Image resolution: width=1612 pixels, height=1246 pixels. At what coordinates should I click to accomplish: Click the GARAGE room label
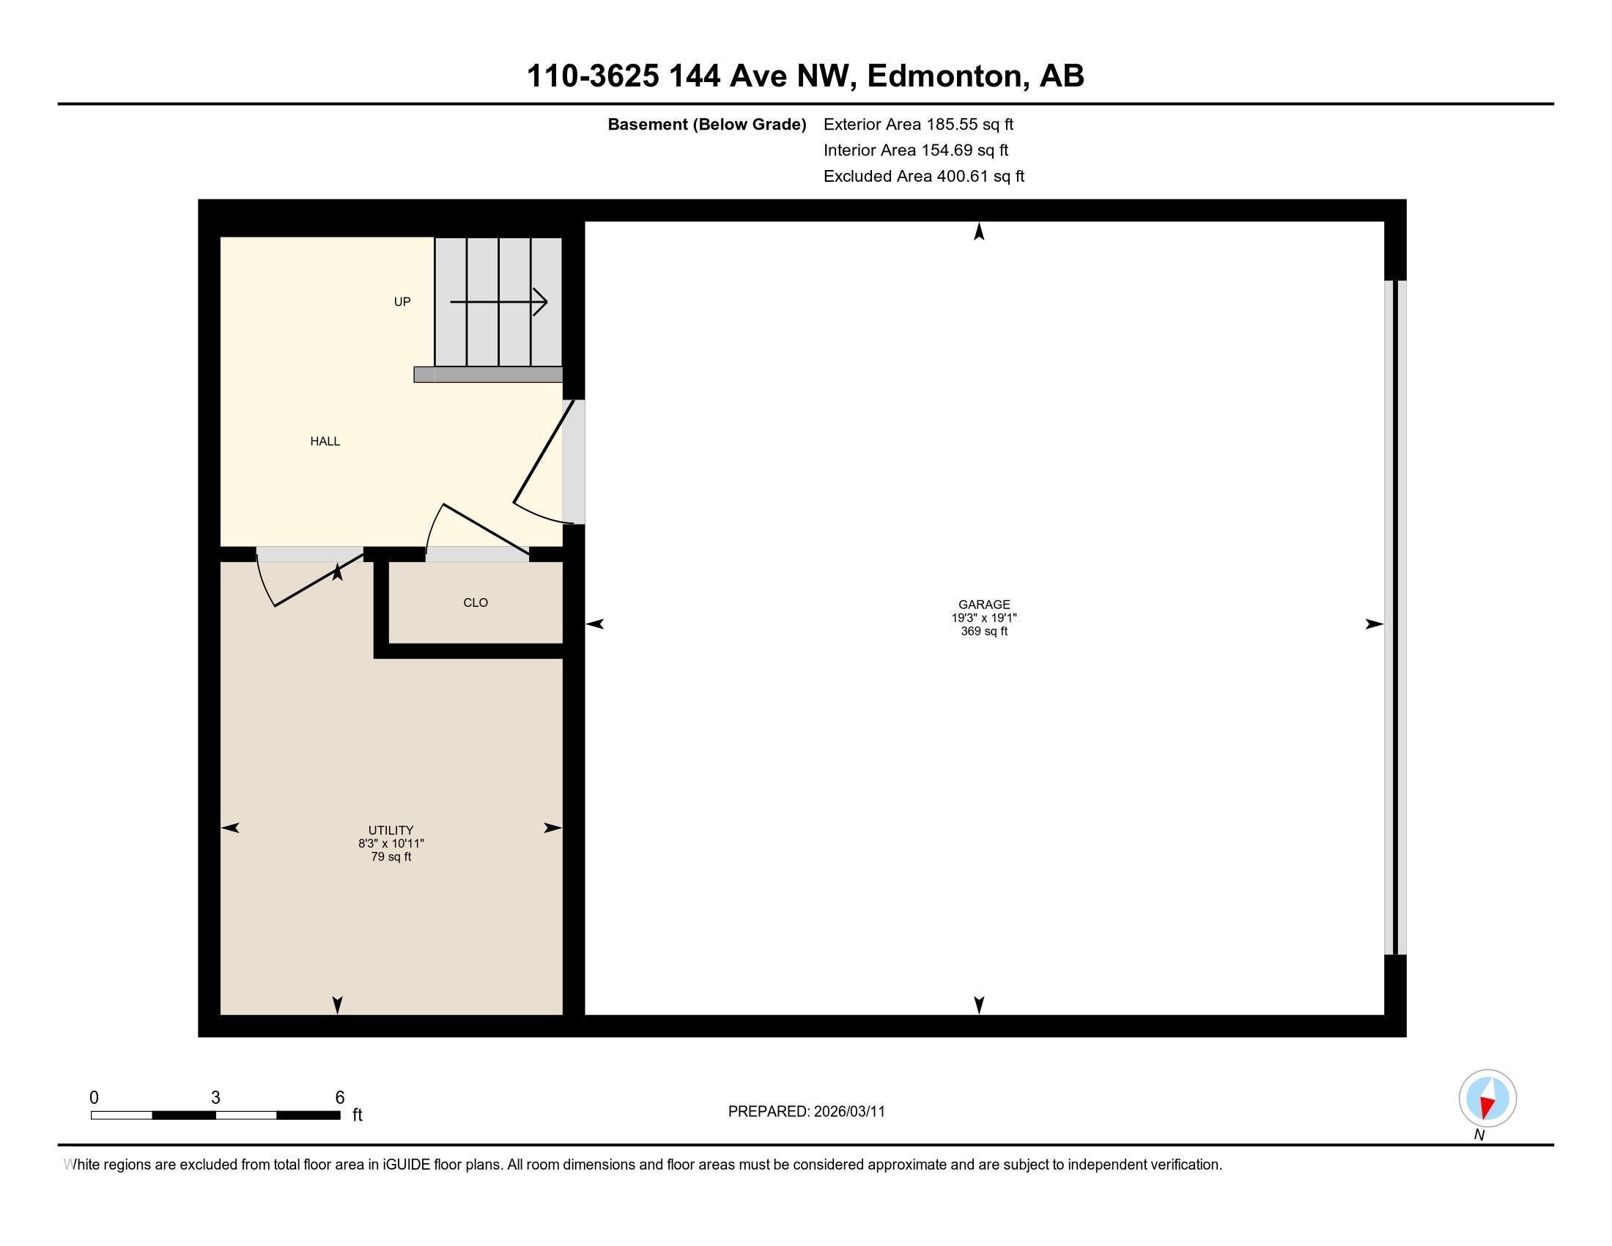point(984,604)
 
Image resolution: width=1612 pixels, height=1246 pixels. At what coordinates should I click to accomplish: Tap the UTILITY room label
point(391,830)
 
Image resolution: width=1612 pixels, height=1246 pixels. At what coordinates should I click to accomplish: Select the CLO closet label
point(476,602)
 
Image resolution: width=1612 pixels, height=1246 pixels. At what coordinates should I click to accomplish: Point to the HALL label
point(325,441)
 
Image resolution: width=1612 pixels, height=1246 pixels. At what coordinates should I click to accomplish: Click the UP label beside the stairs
point(402,301)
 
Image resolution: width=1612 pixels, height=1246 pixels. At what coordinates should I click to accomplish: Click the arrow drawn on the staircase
point(499,302)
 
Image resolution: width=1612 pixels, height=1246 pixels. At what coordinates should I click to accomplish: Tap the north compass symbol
point(1487,1099)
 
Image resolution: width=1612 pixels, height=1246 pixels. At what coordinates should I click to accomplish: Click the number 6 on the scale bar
point(339,1097)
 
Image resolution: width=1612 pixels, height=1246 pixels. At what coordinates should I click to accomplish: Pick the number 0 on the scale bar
point(94,1097)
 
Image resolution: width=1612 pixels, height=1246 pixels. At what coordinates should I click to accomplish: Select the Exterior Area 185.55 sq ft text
point(918,124)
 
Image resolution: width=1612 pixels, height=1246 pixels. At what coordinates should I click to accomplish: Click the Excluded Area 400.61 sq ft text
point(923,176)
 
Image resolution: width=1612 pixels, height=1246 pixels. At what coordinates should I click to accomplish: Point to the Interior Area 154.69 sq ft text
point(915,150)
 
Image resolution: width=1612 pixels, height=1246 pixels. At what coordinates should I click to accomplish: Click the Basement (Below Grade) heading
point(706,124)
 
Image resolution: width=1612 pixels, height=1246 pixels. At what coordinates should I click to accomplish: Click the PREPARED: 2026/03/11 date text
point(806,1112)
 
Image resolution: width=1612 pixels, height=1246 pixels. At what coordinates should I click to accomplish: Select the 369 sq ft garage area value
point(984,631)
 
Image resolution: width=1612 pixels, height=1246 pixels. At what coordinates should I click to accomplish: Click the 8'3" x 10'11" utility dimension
point(391,843)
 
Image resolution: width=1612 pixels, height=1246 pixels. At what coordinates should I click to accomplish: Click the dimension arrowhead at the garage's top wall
point(979,232)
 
